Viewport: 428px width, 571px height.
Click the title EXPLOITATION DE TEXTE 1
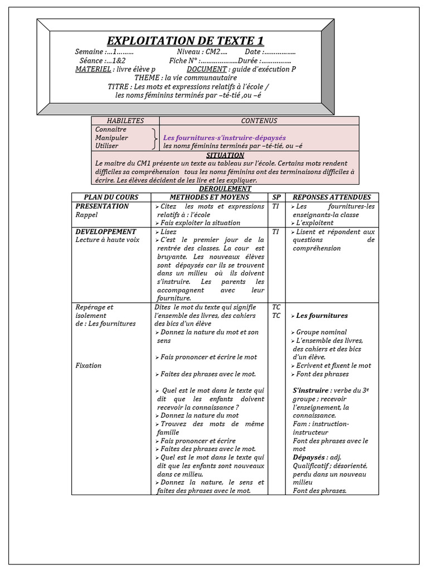(x=185, y=41)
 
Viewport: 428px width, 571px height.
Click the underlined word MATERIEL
(x=93, y=69)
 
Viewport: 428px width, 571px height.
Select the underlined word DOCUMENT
(x=207, y=69)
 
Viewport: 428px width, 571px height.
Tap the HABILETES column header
(x=125, y=120)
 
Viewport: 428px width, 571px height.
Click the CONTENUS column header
(x=259, y=120)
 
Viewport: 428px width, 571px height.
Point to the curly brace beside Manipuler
(x=153, y=137)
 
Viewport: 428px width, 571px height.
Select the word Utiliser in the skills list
(x=106, y=146)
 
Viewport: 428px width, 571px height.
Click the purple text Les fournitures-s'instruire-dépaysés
(x=224, y=137)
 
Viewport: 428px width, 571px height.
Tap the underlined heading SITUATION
(x=225, y=155)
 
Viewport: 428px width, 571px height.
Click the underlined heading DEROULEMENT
(x=225, y=188)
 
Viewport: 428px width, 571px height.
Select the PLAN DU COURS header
(x=111, y=197)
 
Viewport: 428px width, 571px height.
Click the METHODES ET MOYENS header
(x=210, y=197)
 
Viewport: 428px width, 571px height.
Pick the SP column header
(x=276, y=197)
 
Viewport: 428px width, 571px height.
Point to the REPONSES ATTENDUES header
(x=332, y=197)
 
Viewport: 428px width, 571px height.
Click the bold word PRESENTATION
(x=102, y=206)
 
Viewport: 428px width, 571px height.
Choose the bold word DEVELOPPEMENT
(x=105, y=231)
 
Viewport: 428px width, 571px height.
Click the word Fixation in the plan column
(x=88, y=365)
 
